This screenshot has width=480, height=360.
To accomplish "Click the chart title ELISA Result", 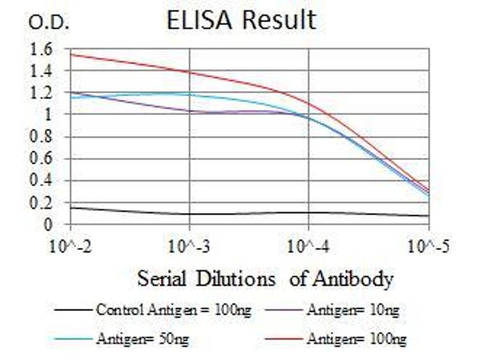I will tap(241, 20).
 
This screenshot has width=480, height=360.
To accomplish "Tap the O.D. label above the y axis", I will tap(50, 23).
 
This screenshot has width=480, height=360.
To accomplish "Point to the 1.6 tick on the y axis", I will tap(41, 49).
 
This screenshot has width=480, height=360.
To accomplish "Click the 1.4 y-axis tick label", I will tap(41, 71).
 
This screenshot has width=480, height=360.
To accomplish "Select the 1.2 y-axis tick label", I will tap(41, 93).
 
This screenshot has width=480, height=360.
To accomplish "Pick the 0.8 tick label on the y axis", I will tap(41, 137).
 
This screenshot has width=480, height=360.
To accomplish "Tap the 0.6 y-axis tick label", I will tap(41, 159).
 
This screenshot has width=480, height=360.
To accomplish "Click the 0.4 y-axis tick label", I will tap(41, 181).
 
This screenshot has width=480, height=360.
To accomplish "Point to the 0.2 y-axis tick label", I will tap(41, 203).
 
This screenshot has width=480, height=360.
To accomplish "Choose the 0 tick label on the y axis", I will tap(49, 224).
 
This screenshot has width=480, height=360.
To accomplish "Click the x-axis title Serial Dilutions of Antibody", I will tap(265, 279).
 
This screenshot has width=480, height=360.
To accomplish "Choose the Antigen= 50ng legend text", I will tap(142, 340).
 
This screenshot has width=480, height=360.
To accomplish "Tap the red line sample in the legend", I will tap(280, 340).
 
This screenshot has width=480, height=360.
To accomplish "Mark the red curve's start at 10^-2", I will tap(71, 54).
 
